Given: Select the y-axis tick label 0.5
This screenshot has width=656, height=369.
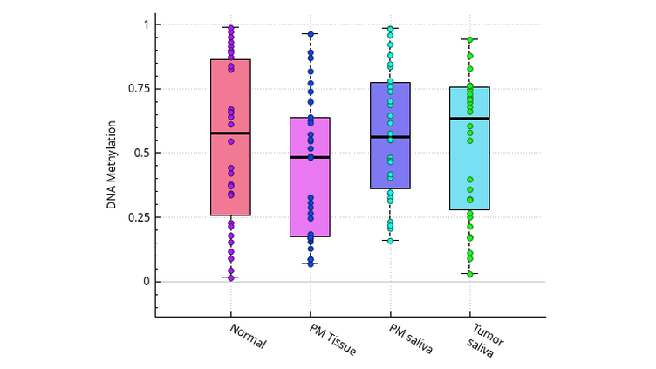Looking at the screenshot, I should click(141, 153).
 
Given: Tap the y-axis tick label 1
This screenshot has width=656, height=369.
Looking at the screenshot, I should click(147, 24).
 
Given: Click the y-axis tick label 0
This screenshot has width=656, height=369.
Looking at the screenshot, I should click(147, 282).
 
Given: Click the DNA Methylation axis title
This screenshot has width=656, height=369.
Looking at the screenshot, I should click(113, 153).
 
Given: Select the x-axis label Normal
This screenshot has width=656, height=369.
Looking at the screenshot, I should click(248, 337).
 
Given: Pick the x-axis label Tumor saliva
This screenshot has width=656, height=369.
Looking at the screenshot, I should click(485, 339).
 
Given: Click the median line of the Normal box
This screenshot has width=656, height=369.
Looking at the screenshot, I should click(231, 133).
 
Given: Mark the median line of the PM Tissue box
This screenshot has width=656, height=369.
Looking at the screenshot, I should click(310, 157).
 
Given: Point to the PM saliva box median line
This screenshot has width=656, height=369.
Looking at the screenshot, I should click(390, 137).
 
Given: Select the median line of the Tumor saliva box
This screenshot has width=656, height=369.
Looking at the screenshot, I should click(469, 118).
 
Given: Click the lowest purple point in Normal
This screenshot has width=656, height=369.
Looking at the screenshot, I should click(231, 278).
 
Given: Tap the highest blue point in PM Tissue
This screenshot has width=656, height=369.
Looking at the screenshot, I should click(310, 34).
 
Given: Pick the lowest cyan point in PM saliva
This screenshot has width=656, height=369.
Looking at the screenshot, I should click(390, 241).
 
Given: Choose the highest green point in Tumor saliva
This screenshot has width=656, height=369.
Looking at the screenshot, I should click(469, 39).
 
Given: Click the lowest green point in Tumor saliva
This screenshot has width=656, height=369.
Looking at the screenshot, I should click(469, 274).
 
